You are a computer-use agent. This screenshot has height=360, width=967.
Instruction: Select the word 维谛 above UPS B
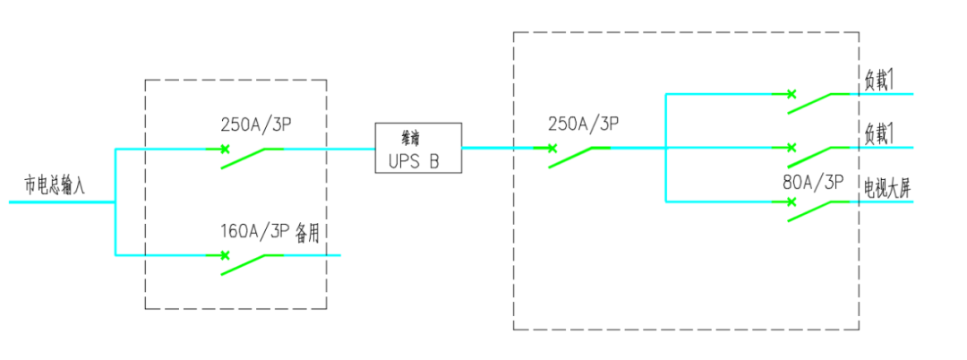pos(410,139)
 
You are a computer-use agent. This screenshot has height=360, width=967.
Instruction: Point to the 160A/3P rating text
pos(255,232)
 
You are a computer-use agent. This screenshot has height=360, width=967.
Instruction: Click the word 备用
pos(307,232)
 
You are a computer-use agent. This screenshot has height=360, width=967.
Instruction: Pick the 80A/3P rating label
pos(813,183)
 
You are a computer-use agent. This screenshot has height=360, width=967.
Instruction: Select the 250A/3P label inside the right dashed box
pos(583,124)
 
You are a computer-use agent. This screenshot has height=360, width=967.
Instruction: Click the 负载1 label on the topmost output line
pos(879,79)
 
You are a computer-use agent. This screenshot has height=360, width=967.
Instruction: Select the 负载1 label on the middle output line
pos(879,133)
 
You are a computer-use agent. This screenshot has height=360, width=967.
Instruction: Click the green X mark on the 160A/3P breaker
pos(225,255)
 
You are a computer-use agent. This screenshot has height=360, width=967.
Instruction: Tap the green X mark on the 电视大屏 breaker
pos(791,201)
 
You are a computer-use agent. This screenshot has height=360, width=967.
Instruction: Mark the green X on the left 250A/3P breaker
pos(225,148)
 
